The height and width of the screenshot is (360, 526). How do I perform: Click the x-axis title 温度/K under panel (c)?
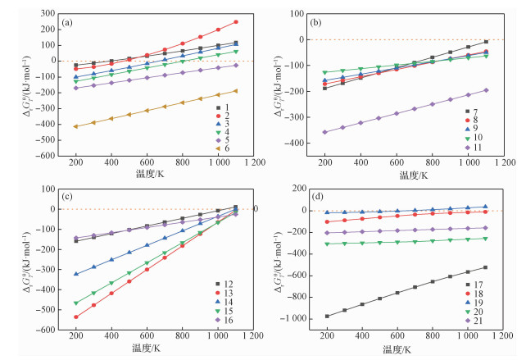(x=147, y=349)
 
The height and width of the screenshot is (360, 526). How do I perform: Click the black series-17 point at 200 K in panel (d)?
(x=327, y=316)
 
